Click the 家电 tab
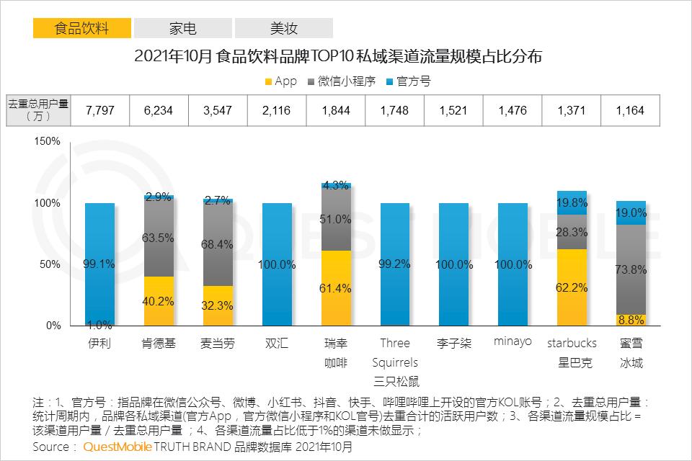pos(182,28)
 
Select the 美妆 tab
pos(283,28)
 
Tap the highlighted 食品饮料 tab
pos(82,28)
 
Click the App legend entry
pos(280,81)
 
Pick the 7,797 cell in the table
pos(99,111)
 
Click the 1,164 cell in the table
pos(629,111)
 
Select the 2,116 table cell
pos(276,111)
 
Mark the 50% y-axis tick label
pos(51,264)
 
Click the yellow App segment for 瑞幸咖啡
pos(337,288)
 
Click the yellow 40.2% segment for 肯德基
pos(159,301)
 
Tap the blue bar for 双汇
pos(277,264)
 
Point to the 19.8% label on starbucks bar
pos(572,203)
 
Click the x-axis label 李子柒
pos(453,343)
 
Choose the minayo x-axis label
pos(513,342)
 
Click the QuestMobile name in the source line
pos(117,447)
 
